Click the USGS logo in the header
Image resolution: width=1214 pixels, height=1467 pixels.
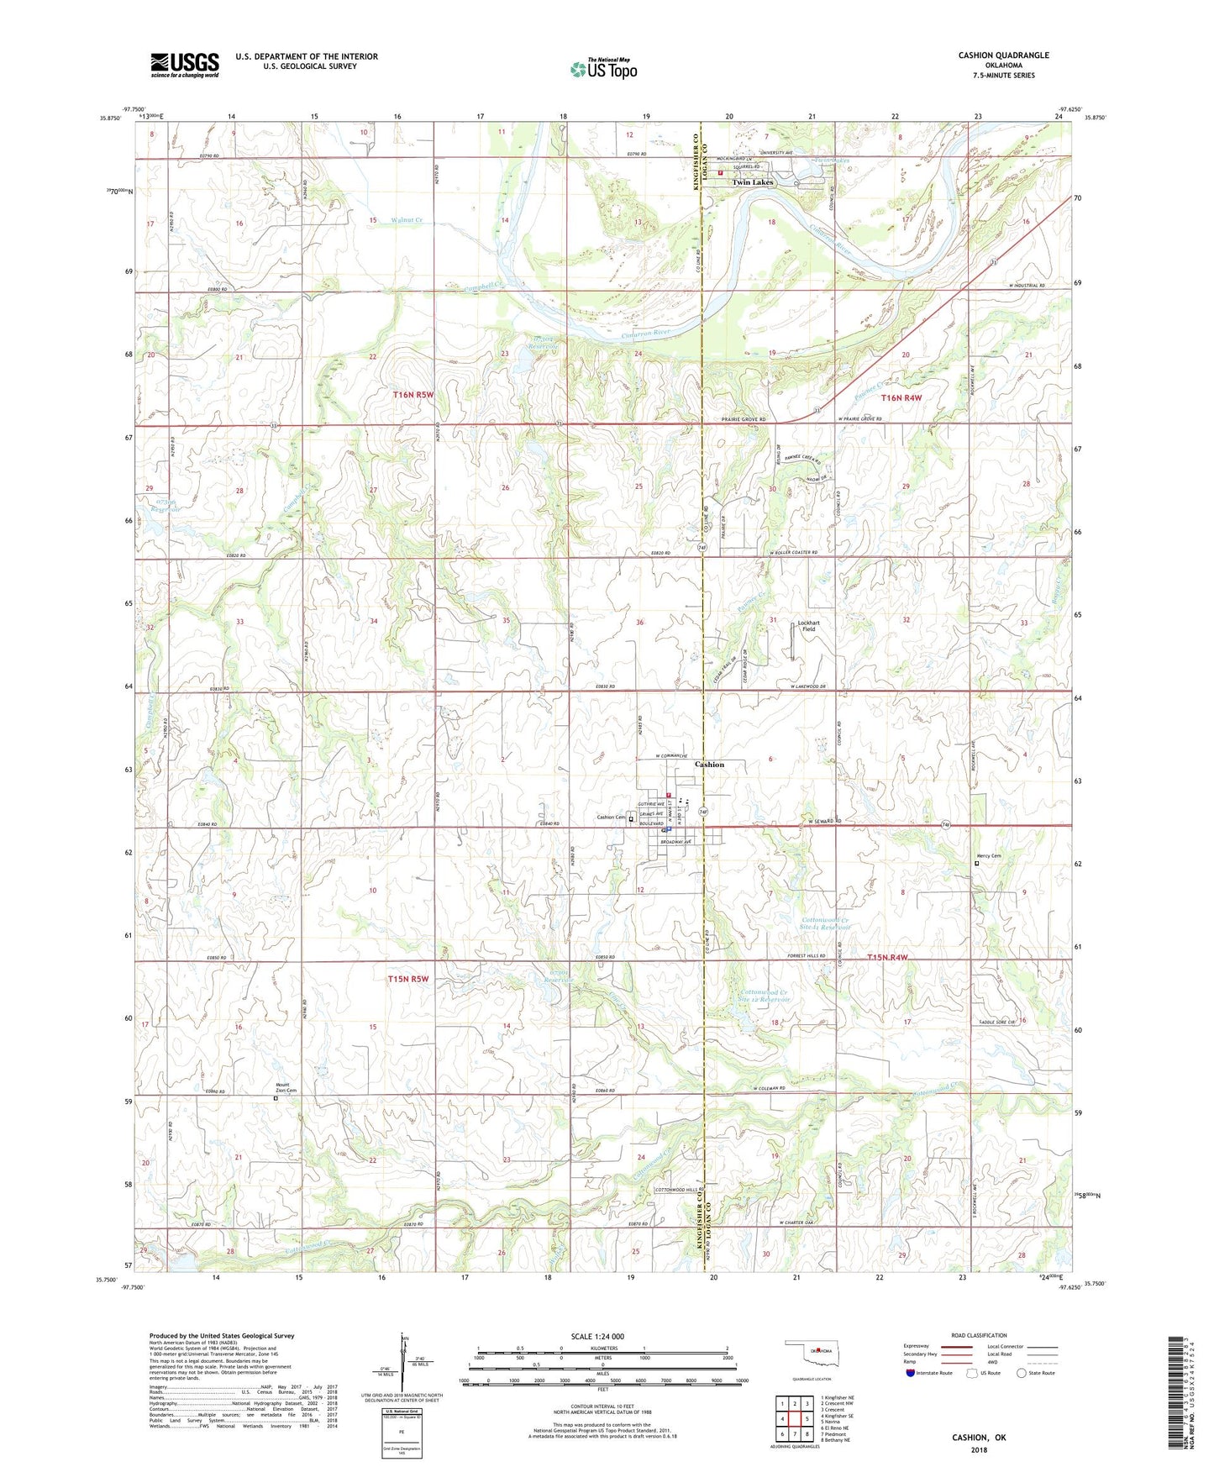click(x=185, y=65)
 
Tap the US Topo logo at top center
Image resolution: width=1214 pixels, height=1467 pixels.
click(x=603, y=69)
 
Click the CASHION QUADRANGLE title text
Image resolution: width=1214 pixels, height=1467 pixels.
click(x=1003, y=55)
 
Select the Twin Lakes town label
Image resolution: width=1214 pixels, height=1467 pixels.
click(x=752, y=182)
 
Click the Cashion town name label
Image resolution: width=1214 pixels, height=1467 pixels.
click(x=709, y=765)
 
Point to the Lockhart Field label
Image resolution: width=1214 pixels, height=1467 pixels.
click(x=808, y=626)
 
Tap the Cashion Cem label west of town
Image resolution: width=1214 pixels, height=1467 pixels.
click(x=612, y=818)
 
